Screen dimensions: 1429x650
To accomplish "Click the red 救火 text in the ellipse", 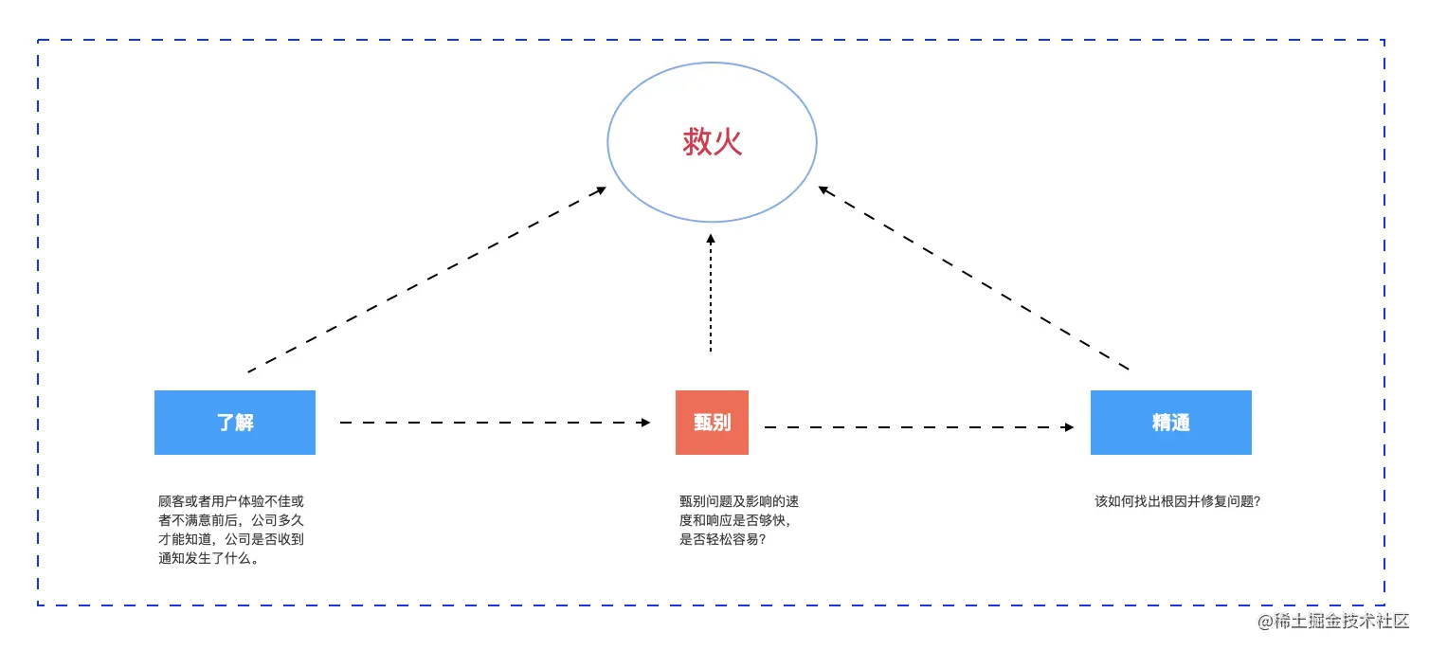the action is pos(712,142).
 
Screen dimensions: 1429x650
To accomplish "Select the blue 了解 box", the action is pos(235,423).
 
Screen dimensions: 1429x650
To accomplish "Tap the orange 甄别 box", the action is pos(712,423).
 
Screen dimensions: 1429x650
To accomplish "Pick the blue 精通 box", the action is pos(1170,423).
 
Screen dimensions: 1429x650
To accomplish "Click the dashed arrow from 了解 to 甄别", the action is pos(493,423).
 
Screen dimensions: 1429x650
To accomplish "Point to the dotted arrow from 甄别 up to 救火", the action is pos(711,294).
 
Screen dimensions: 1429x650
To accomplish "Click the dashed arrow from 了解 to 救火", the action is pos(426,280).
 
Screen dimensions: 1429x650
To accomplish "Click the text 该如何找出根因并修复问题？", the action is pos(1178,501).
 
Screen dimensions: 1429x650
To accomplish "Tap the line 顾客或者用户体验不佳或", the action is pos(231,501).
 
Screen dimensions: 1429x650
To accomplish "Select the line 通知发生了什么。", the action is pos(209,558).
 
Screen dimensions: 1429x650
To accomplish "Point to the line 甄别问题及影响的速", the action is pos(738,501).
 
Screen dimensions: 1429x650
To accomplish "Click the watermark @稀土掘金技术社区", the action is pos(1333,622).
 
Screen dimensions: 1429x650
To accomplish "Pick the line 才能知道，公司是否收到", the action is pos(231,539).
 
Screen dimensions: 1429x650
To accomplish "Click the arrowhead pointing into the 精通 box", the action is pos(1068,427).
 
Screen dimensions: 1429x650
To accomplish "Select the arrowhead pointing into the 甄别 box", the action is pos(646,423).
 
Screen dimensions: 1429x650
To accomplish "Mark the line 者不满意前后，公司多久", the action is pos(231,520).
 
